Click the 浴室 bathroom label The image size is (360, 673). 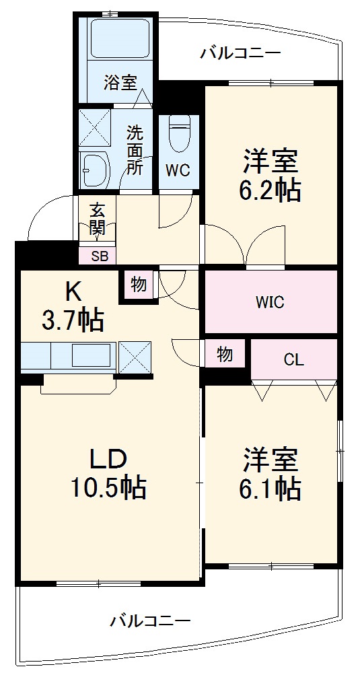(x=120, y=83)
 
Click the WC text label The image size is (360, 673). (x=178, y=170)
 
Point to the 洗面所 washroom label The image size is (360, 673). (x=136, y=150)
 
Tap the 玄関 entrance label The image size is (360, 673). (x=98, y=219)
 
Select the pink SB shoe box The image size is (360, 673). (x=98, y=256)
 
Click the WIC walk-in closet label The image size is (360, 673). (x=270, y=302)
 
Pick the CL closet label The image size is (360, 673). (x=293, y=359)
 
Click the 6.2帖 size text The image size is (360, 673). (x=270, y=192)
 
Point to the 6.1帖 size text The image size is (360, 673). (x=270, y=489)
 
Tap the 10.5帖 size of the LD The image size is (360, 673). (x=109, y=489)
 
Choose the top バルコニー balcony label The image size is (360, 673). (x=240, y=52)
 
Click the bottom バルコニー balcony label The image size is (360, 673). (x=150, y=621)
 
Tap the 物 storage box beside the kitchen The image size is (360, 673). (x=139, y=285)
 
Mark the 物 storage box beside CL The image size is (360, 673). (x=225, y=354)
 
